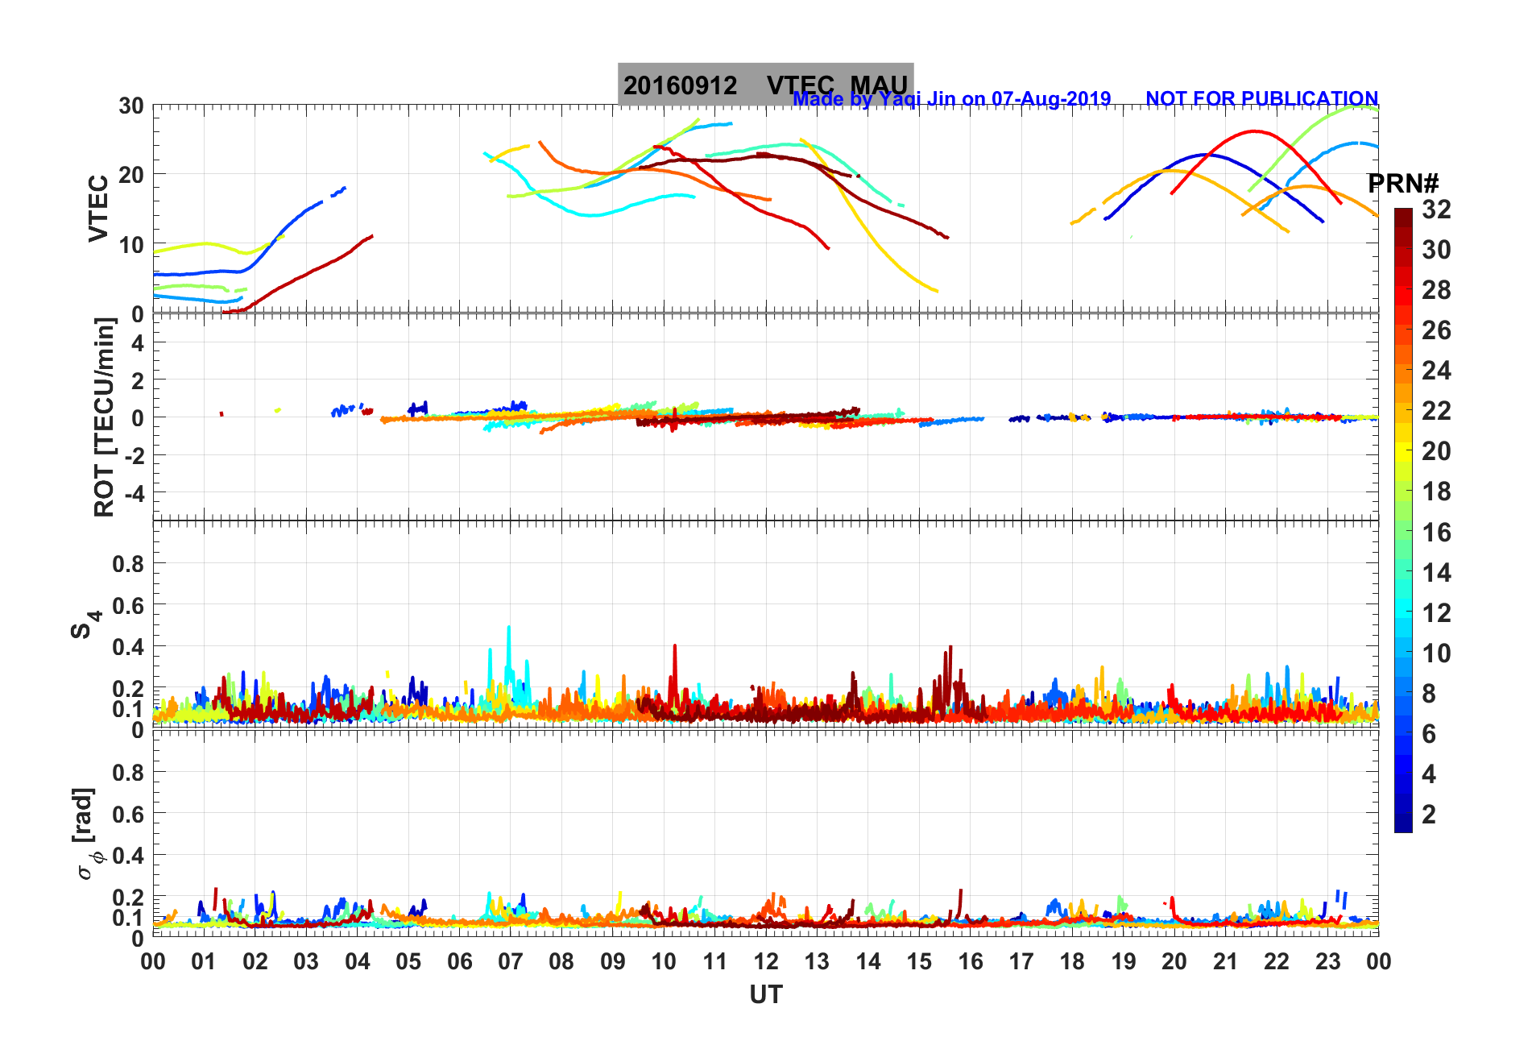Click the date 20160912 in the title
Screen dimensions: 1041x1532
680,85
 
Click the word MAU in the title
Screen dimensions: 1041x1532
879,85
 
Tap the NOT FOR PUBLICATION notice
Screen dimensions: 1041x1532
1261,98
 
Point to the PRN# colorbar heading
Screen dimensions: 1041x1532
1403,184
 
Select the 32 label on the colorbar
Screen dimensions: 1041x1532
1436,209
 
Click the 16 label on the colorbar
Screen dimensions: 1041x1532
1436,533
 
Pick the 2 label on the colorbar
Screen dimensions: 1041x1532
1429,815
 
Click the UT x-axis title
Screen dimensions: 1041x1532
765,995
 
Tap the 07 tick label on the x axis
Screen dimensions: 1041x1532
511,961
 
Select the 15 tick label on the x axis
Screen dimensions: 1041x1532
919,961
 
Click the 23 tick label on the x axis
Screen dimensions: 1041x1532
1327,961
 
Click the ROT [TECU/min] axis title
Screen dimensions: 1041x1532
105,417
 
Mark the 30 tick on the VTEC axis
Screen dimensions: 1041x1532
131,106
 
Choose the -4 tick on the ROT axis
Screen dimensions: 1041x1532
133,492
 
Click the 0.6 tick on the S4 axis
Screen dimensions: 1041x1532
128,605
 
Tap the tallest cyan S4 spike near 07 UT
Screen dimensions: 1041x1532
508,628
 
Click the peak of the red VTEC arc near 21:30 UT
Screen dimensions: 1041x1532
1254,131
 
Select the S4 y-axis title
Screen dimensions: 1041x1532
85,623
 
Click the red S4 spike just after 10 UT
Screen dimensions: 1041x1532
675,646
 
